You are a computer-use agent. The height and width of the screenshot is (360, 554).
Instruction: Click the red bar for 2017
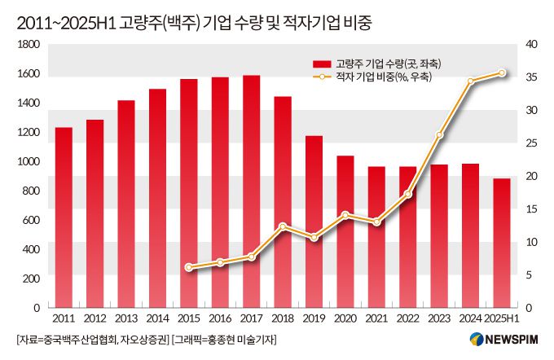tap(251, 191)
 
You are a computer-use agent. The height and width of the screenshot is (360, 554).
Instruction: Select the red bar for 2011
tap(64, 217)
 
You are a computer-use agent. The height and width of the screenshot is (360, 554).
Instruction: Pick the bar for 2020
tap(345, 231)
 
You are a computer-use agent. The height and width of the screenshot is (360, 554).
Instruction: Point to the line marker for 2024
tap(471, 81)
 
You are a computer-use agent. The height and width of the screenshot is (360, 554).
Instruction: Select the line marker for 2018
tap(283, 226)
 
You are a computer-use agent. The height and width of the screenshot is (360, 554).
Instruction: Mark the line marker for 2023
tap(439, 135)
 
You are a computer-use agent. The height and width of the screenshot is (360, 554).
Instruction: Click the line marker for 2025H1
tap(502, 73)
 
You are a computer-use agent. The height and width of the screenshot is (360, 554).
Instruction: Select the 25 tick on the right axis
tap(530, 143)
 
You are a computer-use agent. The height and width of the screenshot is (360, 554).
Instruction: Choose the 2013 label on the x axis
tap(126, 318)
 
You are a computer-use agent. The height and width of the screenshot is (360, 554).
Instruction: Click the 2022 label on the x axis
tap(408, 318)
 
